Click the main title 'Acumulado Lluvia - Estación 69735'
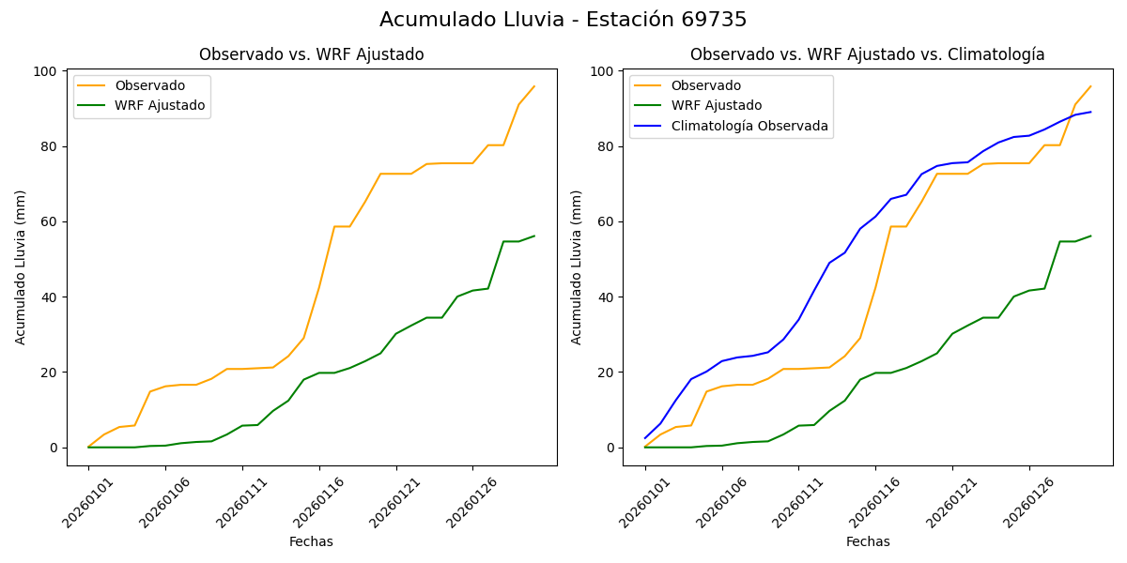pos(563,20)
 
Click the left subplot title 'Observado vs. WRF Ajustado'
pos(311,55)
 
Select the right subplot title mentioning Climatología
pos(867,55)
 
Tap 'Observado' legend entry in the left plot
pos(150,85)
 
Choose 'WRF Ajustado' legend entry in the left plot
pos(160,105)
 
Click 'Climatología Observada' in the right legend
pos(749,126)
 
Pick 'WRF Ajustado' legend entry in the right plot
pos(716,105)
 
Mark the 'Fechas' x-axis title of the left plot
pos(311,541)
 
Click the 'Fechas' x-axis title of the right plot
pos(868,541)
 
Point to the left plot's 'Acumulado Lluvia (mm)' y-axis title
pos(21,267)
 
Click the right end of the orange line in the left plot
pos(533,86)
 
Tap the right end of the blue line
pos(1090,112)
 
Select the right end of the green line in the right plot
pos(1090,236)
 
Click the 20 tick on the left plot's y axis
pos(51,373)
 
